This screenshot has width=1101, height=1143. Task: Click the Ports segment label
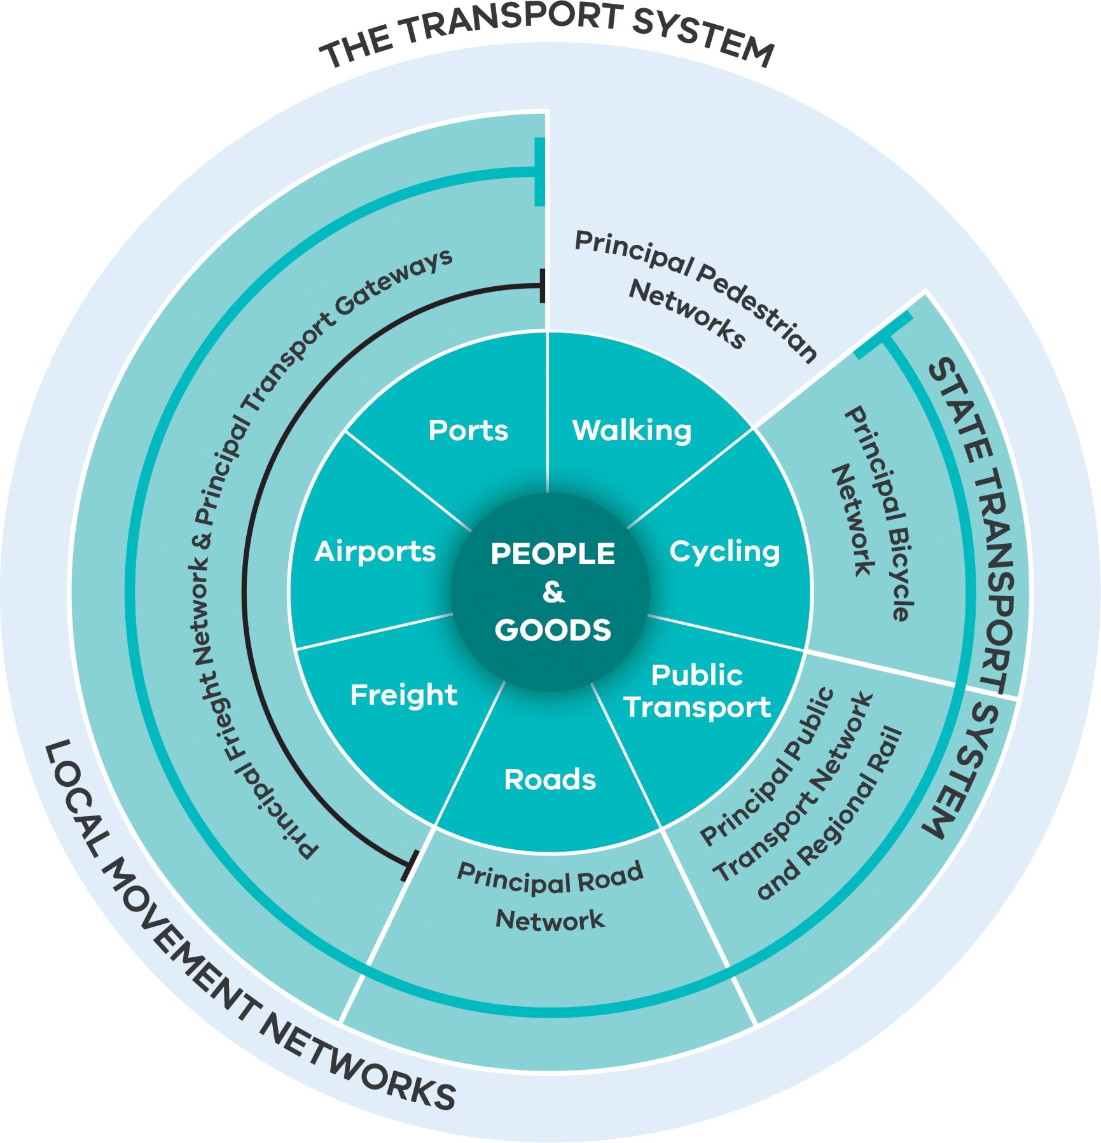[x=468, y=431]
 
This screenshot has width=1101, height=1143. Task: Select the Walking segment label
[x=632, y=431]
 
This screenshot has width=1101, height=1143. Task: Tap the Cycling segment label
[x=724, y=551]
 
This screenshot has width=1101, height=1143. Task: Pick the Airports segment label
[x=375, y=551]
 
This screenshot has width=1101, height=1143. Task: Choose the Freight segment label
[x=403, y=695]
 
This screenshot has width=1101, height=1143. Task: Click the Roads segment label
[x=550, y=780]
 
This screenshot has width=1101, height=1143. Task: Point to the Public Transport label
[x=697, y=691]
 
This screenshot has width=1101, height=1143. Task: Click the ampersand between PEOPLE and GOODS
[x=553, y=592]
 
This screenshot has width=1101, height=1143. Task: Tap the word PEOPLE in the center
[x=553, y=554]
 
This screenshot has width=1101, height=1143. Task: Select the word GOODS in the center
[x=553, y=630]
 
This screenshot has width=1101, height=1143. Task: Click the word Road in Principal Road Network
[x=609, y=878]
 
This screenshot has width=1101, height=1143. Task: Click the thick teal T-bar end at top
[x=539, y=171]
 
